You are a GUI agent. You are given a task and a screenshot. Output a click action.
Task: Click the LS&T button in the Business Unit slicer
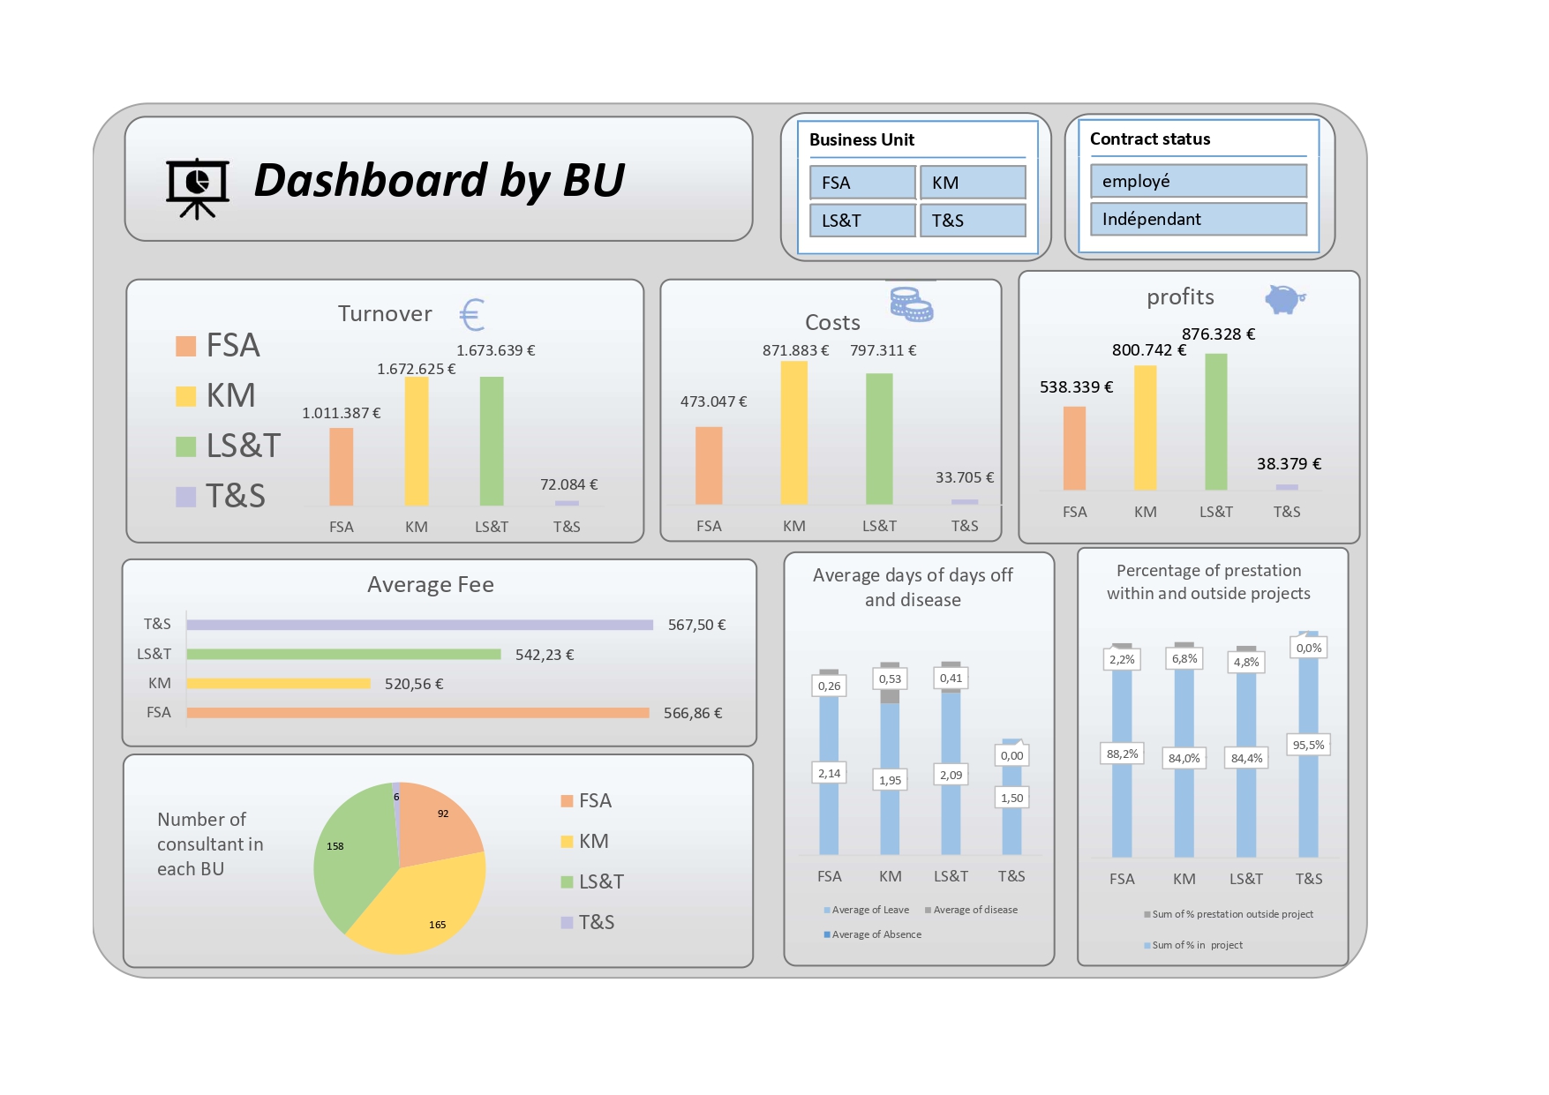[x=862, y=221]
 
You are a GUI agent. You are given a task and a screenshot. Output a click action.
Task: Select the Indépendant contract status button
[x=1198, y=219]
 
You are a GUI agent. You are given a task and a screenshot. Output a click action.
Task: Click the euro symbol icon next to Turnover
[x=472, y=315]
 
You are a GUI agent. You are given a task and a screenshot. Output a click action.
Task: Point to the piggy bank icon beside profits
[x=1284, y=299]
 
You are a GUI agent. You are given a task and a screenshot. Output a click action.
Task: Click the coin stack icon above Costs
[x=911, y=304]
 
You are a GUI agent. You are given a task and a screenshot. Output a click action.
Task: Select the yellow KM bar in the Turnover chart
[x=417, y=441]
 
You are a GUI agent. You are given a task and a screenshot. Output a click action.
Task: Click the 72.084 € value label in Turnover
[x=568, y=484]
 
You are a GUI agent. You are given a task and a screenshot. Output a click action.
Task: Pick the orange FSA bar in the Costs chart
[x=709, y=465]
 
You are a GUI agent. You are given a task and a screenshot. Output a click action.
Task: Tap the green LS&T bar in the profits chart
[x=1215, y=422]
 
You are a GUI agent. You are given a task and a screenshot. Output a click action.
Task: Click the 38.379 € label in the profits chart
[x=1289, y=464]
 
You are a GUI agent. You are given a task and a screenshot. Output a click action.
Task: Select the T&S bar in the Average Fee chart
[x=419, y=625]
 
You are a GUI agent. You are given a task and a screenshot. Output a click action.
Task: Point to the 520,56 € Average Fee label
[x=414, y=684]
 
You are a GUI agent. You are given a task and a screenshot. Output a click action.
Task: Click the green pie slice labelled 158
[x=349, y=851]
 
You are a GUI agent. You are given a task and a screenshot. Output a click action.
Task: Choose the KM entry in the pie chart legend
[x=585, y=842]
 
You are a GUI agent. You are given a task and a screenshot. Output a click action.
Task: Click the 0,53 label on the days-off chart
[x=890, y=679]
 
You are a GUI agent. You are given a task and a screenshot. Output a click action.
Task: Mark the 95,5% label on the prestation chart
[x=1308, y=745]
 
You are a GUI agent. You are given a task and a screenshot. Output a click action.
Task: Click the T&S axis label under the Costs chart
[x=964, y=526]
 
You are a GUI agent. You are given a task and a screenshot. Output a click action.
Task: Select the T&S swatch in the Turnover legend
[x=185, y=497]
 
